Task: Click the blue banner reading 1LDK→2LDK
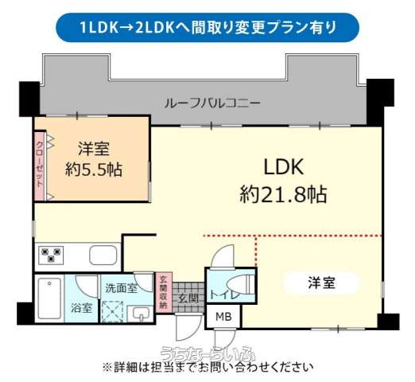(x=207, y=27)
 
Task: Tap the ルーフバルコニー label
(x=212, y=103)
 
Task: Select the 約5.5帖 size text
(x=94, y=170)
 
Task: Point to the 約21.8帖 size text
(x=283, y=194)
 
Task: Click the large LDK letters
(x=284, y=167)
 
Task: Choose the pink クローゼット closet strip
(x=40, y=166)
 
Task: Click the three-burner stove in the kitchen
(x=51, y=255)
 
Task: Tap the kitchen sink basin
(x=103, y=255)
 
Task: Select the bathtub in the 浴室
(x=49, y=298)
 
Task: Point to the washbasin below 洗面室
(x=140, y=314)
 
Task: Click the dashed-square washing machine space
(x=113, y=312)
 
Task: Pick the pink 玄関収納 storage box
(x=164, y=292)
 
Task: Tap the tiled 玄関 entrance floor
(x=188, y=297)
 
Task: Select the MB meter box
(x=223, y=317)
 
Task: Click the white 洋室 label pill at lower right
(x=321, y=283)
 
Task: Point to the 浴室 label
(x=81, y=308)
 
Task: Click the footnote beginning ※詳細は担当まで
(x=207, y=368)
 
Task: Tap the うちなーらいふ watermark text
(x=207, y=353)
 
